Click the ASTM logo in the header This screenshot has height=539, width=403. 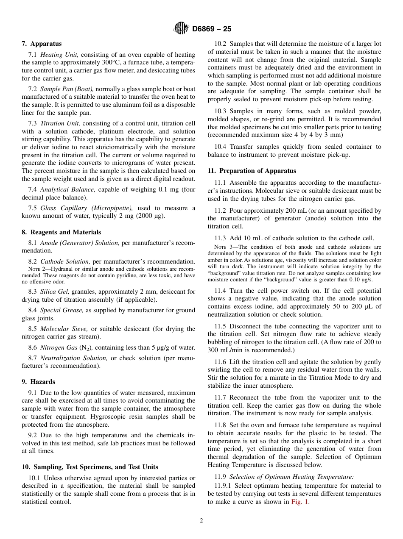click(181, 29)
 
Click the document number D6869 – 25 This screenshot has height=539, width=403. click(212, 29)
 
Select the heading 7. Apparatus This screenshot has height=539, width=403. click(42, 44)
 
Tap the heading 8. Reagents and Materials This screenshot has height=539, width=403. click(62, 232)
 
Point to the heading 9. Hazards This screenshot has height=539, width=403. click(39, 382)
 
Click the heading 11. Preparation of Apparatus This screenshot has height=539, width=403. click(252, 171)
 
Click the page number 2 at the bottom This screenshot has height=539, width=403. click(201, 521)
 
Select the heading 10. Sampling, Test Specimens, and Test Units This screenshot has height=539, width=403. click(90, 467)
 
